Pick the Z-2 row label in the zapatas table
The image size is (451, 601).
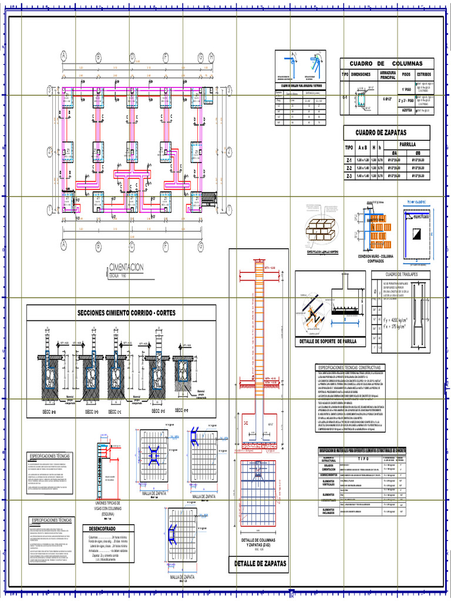pos(349,167)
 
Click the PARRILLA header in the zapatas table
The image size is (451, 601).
pos(407,143)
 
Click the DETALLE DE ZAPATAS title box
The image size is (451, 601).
pos(260,563)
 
